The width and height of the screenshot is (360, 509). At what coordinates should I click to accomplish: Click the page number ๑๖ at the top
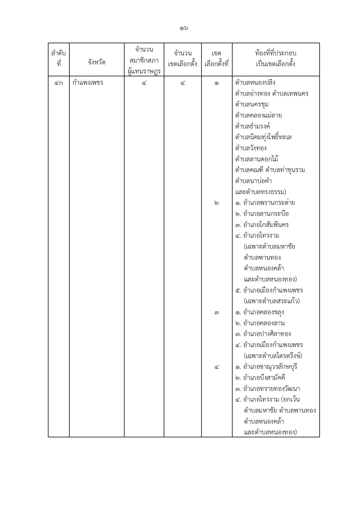(x=184, y=28)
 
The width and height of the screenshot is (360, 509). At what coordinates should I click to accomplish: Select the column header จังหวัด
(x=97, y=62)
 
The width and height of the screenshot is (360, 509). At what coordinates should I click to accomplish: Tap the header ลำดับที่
(x=59, y=59)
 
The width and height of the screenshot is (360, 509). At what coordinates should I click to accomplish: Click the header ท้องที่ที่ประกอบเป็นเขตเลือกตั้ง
(x=276, y=59)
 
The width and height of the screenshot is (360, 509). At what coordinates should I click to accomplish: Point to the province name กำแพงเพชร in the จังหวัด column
(x=88, y=83)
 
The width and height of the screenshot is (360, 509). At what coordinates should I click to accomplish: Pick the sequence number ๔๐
(x=59, y=83)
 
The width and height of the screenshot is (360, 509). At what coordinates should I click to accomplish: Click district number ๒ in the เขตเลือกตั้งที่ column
(x=217, y=203)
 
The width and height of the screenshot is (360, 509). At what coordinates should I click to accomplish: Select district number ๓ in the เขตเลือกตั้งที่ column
(x=217, y=313)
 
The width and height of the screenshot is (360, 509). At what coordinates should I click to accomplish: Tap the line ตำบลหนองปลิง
(x=255, y=83)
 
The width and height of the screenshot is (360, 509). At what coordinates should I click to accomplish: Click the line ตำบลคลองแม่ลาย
(x=258, y=115)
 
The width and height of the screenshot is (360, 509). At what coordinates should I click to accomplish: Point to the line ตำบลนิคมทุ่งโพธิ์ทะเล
(x=263, y=137)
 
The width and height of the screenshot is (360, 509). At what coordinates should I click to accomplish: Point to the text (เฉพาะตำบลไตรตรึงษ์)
(x=273, y=356)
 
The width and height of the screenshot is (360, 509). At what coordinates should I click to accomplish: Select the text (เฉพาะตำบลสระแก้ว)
(x=272, y=301)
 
